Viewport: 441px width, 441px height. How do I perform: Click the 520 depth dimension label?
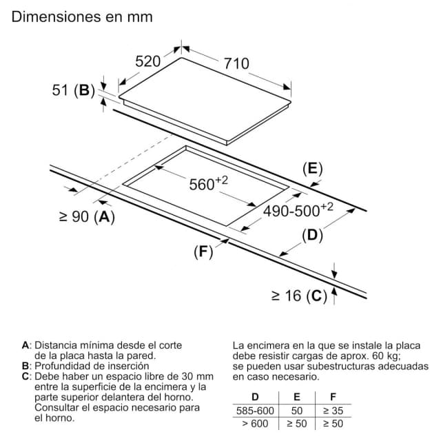point(148,61)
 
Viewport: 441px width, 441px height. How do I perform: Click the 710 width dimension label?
point(236,63)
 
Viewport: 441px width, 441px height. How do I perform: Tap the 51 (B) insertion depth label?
point(74,90)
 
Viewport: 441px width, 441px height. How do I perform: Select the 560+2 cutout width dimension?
point(208,183)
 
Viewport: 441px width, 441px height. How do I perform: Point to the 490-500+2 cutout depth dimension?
point(298,209)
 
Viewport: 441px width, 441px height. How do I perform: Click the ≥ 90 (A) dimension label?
point(88,217)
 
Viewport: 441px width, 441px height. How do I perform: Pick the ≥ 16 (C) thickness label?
point(299,296)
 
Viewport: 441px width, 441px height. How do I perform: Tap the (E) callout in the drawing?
point(312,169)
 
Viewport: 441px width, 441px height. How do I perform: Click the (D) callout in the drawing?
point(312,236)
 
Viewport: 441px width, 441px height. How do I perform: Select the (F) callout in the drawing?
point(203,252)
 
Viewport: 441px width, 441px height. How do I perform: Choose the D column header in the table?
point(255,397)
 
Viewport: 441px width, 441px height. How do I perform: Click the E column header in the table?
point(297,397)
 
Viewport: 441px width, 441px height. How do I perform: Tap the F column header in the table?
point(334,397)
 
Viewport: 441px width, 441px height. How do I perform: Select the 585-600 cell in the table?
point(255,411)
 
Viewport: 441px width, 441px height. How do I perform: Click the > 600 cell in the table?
point(255,424)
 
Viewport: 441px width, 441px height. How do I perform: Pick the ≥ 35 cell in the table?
point(334,411)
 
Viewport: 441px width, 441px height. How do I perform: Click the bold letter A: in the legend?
point(27,345)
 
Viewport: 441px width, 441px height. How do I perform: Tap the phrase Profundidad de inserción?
point(92,366)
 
